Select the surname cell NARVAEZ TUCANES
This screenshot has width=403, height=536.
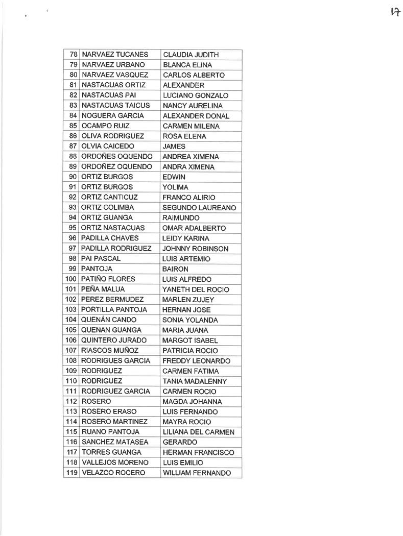pos(115,55)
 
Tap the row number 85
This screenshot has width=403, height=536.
pos(73,126)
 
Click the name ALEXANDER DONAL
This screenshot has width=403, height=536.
pos(196,116)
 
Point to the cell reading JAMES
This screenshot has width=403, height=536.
pos(174,147)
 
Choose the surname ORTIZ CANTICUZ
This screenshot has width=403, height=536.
pos(109,198)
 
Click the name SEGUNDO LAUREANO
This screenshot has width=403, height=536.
pos(199,208)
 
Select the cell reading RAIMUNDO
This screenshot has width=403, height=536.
pos(181,218)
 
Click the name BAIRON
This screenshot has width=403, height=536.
pos(175,269)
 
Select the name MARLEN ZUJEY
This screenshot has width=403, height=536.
pos(188,300)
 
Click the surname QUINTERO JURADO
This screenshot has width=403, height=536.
pos(114,340)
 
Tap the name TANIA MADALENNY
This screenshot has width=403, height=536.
pos(195,381)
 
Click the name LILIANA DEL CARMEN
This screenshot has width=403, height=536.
pos(198,432)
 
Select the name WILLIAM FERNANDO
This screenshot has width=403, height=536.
pos(197,473)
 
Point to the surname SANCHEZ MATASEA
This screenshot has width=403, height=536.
pos(114,442)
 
